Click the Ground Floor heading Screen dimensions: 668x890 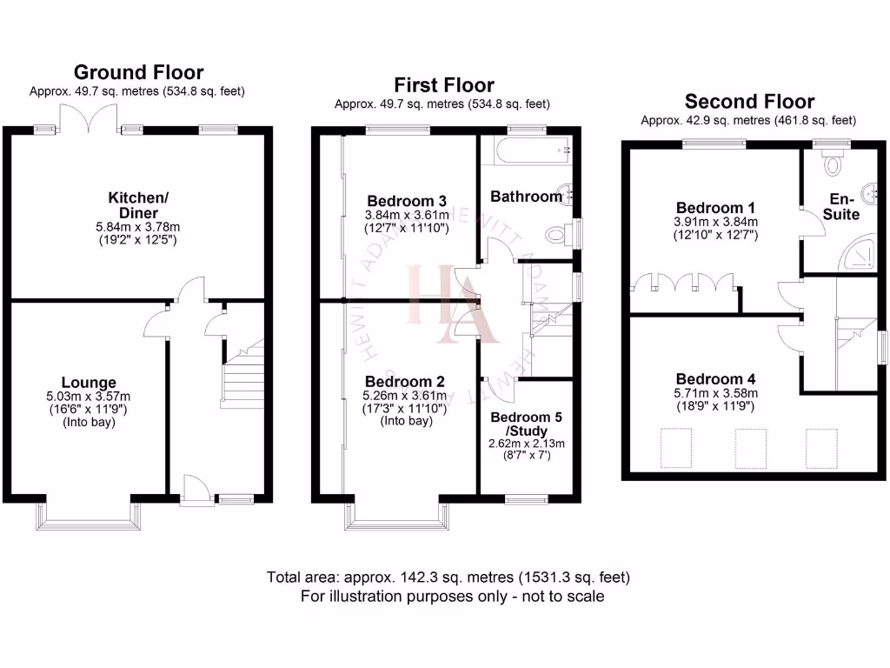pyautogui.click(x=138, y=72)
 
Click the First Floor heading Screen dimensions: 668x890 pyautogui.click(x=443, y=85)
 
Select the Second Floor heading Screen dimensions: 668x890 pyautogui.click(x=749, y=102)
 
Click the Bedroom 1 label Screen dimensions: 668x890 pyautogui.click(x=715, y=208)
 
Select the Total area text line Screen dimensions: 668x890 pyautogui.click(x=448, y=578)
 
